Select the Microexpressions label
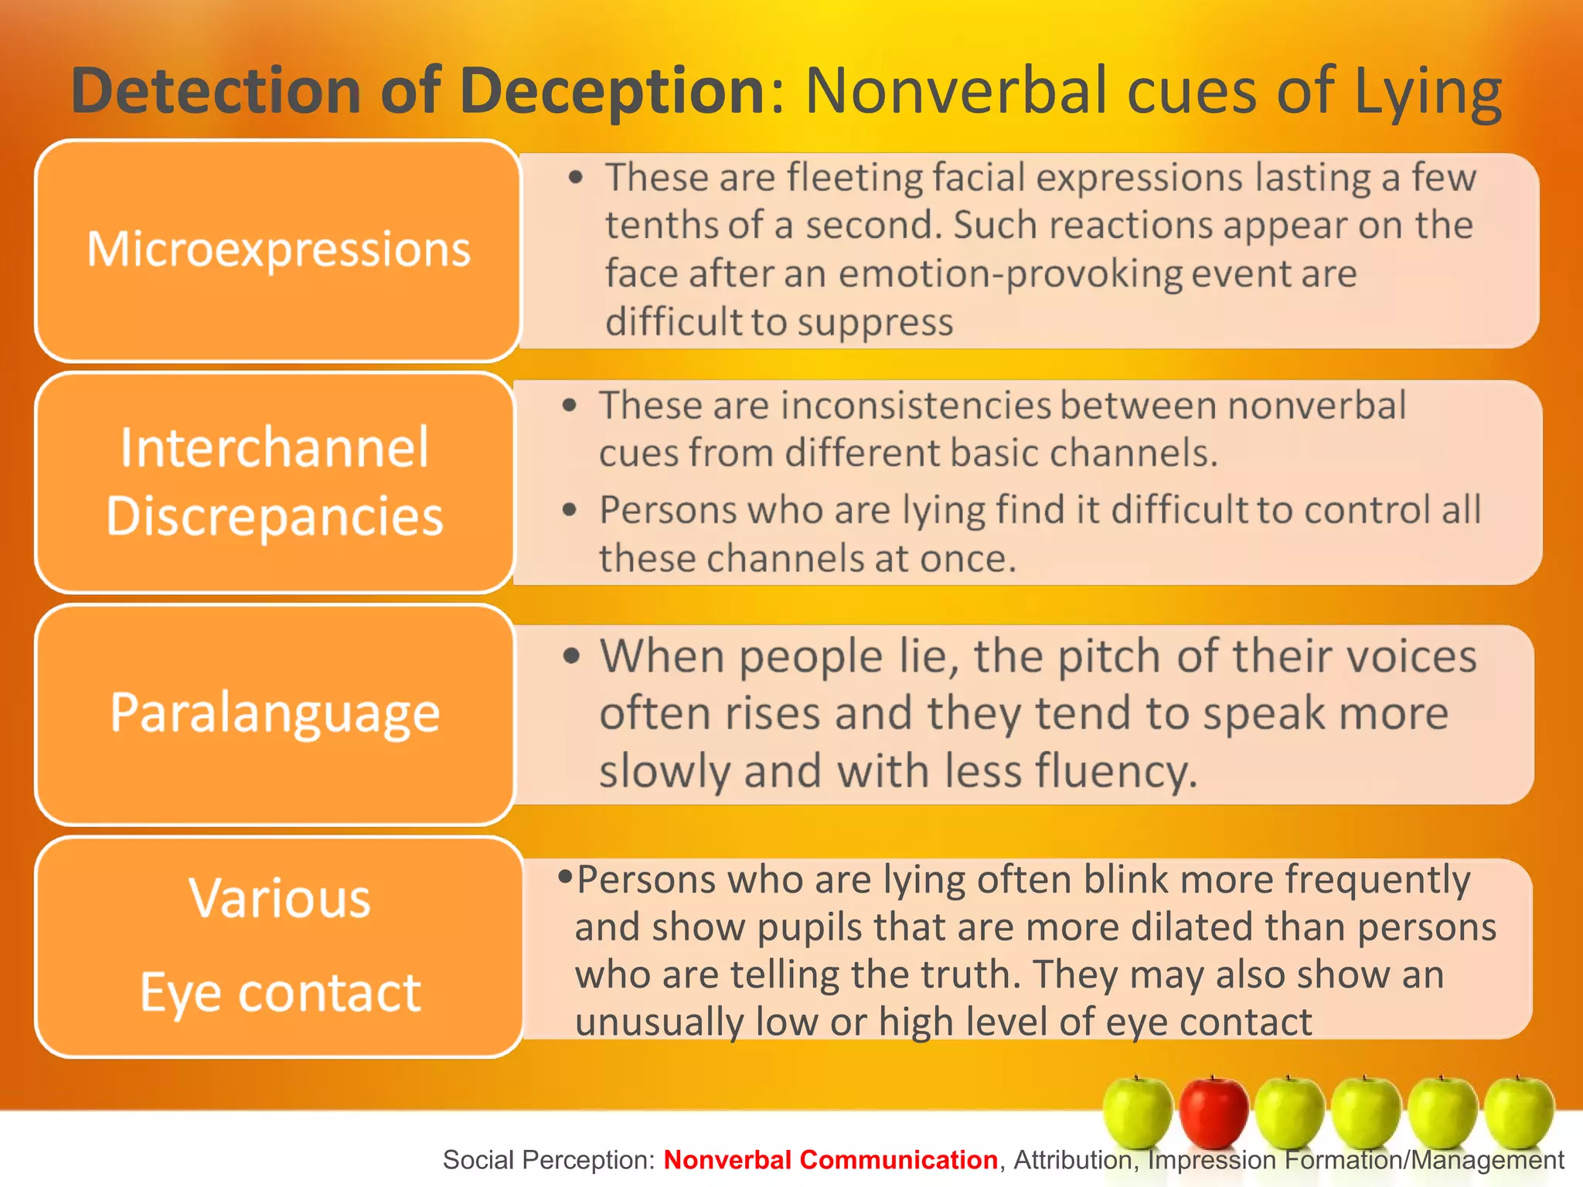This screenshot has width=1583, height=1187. coord(278,250)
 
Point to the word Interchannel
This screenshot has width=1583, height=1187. coord(274,447)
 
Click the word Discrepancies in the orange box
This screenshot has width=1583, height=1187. coord(274,516)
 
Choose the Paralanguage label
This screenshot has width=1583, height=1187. coord(274,713)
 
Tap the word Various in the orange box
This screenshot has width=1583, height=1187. coord(280,899)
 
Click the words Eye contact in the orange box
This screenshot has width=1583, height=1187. coord(280,992)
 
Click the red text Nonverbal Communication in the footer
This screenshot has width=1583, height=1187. coord(830,1160)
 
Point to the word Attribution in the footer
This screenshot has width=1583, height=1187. coord(1074,1160)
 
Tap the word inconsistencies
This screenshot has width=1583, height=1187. coord(917,405)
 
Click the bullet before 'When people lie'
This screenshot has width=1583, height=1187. coord(571,657)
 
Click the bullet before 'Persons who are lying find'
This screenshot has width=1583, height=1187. coord(570,510)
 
